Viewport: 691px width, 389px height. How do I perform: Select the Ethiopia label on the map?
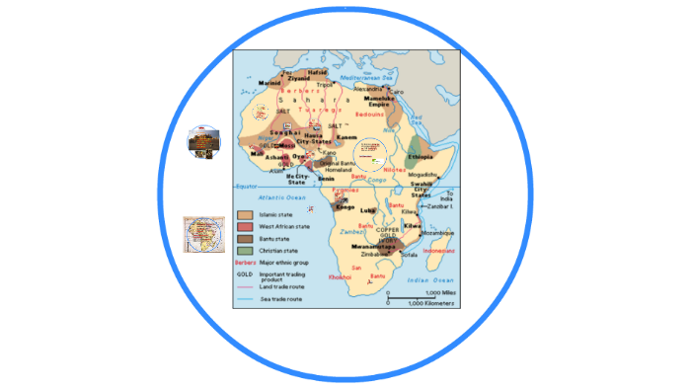click(419, 156)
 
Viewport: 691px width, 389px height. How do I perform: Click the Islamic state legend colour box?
click(245, 213)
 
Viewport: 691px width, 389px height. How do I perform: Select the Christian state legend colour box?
click(245, 251)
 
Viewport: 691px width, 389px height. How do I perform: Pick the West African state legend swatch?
click(245, 226)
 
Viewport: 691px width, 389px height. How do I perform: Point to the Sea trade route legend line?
click(245, 298)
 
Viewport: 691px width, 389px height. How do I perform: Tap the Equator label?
click(245, 185)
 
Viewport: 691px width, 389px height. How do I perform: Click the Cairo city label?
click(397, 92)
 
